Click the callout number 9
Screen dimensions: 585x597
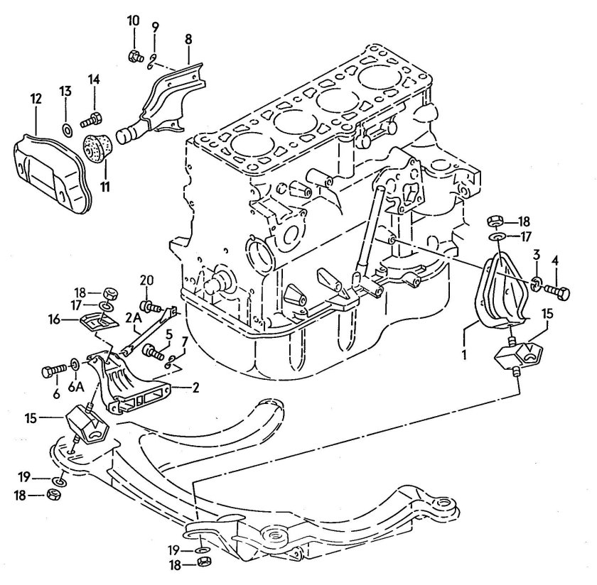pos(155,26)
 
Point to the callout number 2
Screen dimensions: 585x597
pos(195,388)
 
